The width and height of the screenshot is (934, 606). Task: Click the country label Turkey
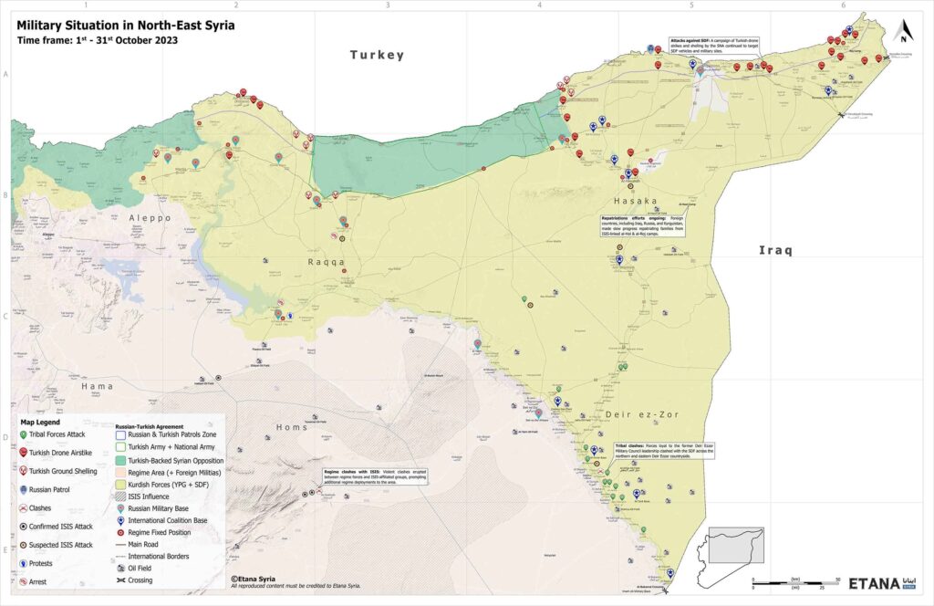tap(377, 56)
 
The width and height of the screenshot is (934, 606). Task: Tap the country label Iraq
tap(777, 250)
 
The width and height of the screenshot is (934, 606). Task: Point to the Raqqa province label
tap(324, 262)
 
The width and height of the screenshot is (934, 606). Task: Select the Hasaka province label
tap(636, 201)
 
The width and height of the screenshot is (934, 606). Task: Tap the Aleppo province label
tap(150, 218)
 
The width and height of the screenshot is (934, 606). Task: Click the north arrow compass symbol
tap(904, 32)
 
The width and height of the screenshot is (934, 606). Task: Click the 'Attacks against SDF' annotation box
tap(722, 46)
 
